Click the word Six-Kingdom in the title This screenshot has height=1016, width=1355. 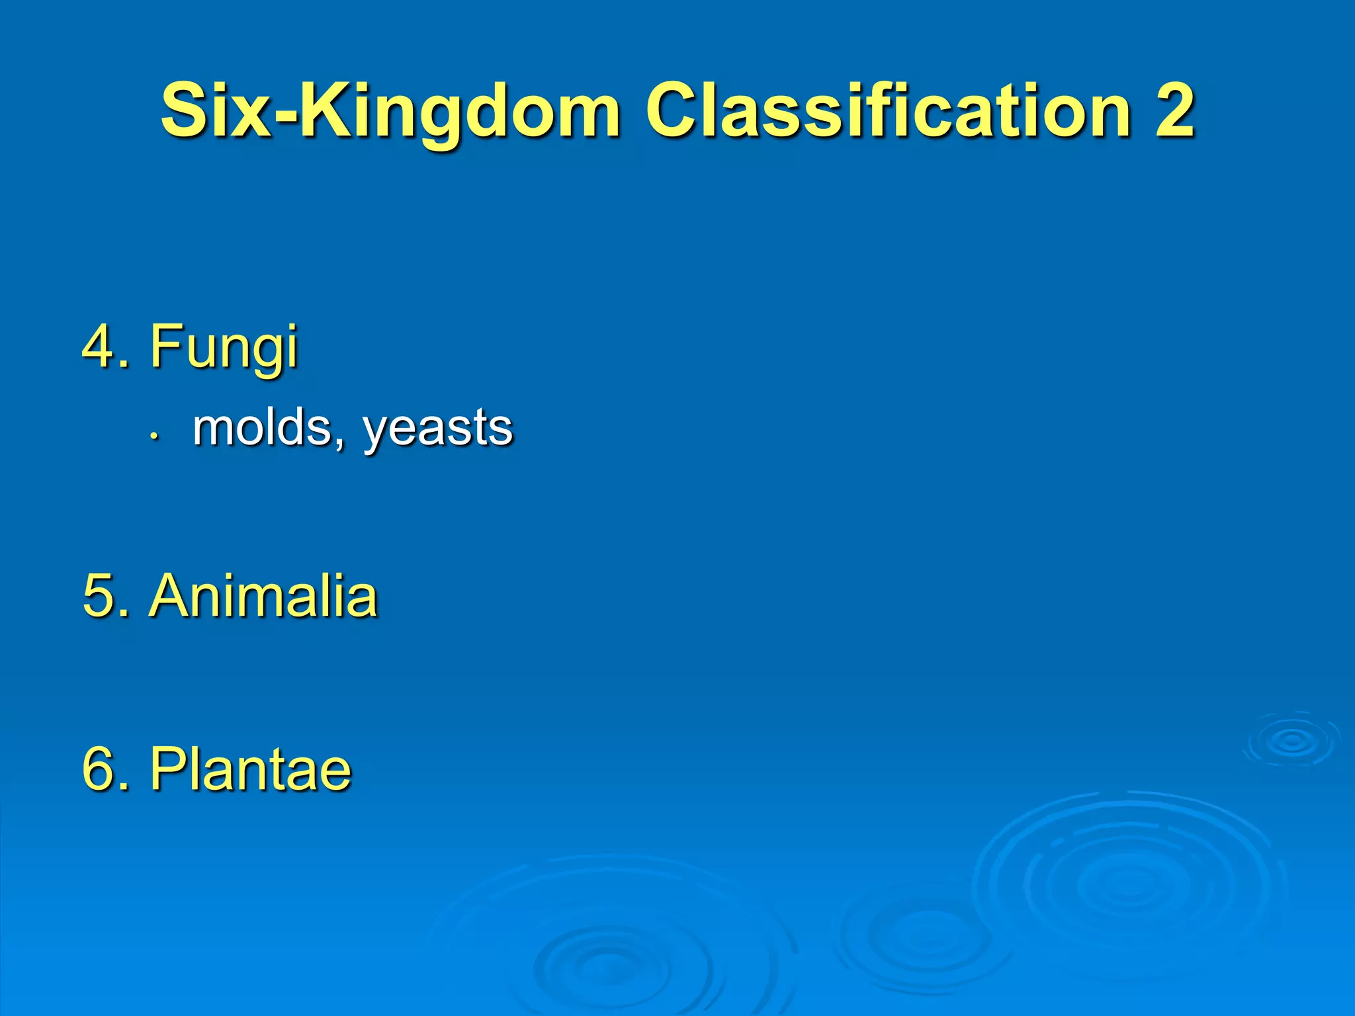[x=390, y=111]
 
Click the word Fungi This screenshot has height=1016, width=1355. [x=224, y=347]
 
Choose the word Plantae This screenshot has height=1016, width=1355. [x=250, y=769]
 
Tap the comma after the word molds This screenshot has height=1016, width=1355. [x=339, y=444]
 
